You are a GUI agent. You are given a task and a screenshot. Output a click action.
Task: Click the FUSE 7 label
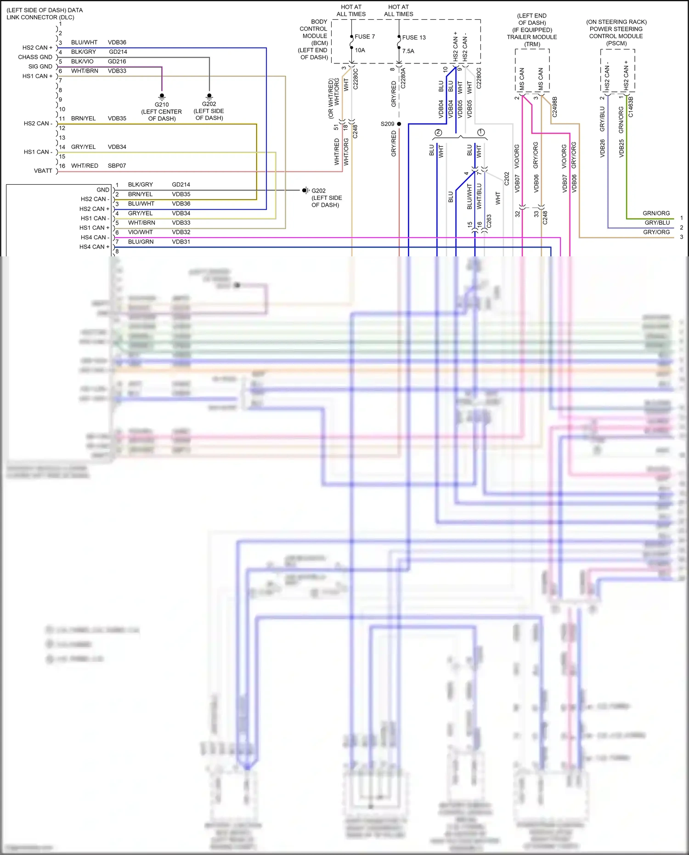tap(365, 37)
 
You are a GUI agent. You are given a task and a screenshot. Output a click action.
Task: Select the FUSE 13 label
tap(414, 38)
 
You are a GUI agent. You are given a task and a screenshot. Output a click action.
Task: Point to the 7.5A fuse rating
tap(408, 51)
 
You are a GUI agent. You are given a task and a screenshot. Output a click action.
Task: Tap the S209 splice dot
tap(399, 124)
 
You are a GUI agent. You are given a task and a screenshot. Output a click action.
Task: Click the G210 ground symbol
tap(162, 96)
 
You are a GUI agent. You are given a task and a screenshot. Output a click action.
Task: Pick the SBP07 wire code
tap(117, 166)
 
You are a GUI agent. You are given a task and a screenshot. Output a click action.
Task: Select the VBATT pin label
tap(43, 171)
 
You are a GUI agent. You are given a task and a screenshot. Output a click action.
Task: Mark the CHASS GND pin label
tap(35, 57)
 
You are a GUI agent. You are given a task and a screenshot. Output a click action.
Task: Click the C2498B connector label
tap(554, 107)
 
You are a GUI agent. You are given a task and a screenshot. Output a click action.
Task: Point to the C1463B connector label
tap(631, 107)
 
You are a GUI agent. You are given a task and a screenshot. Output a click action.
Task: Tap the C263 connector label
tap(489, 221)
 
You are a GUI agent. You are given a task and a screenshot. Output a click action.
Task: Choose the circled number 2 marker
tap(438, 132)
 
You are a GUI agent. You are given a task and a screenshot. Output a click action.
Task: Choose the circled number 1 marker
tap(481, 132)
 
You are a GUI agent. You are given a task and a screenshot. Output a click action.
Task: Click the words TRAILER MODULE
tap(532, 37)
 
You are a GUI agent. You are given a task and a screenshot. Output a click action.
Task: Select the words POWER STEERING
tap(616, 29)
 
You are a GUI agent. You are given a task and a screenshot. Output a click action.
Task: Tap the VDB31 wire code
tap(181, 242)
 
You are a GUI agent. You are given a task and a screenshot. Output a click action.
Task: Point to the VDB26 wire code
tap(603, 148)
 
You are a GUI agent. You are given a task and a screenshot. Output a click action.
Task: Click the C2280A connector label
tap(403, 79)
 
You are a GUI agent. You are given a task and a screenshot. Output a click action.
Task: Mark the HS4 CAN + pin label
tap(94, 247)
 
